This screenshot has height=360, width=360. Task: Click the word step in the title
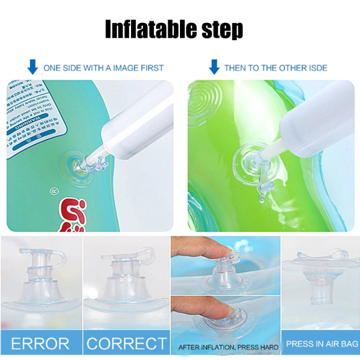[x=224, y=30]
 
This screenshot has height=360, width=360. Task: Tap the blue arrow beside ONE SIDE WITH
[x=32, y=67]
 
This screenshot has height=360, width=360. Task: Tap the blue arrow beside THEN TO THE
[x=214, y=67]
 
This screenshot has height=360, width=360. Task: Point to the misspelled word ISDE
[x=314, y=68]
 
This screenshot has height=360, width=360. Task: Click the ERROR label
[x=40, y=344]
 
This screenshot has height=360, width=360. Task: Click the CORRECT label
[x=126, y=344]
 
